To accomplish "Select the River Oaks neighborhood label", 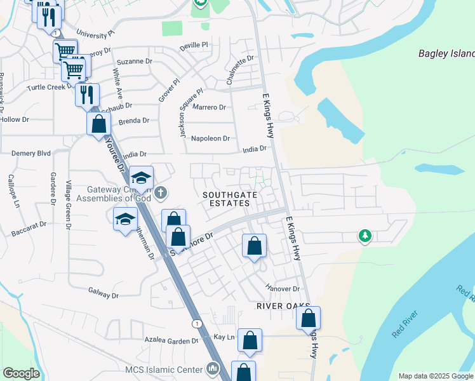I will [278, 305].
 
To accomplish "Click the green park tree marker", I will [365, 236].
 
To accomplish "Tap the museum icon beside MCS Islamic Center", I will [212, 369].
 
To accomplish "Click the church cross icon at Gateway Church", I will [161, 192].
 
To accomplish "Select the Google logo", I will [21, 373].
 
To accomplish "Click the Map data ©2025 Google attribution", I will [435, 376].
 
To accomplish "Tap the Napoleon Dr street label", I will [215, 138].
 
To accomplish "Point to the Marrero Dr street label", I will [209, 107].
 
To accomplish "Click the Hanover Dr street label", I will [283, 288].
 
